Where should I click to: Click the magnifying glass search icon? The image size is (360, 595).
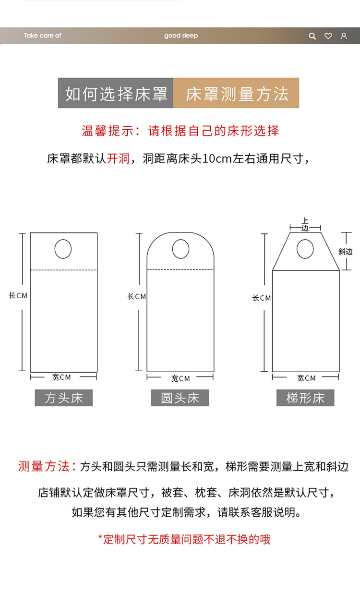click(312, 36)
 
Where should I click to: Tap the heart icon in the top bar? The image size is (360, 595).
click(328, 36)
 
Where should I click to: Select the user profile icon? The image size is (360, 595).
click(344, 36)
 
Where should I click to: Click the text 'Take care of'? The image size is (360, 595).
click(42, 36)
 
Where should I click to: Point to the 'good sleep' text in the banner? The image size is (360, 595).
click(181, 36)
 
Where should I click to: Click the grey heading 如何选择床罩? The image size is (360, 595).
click(116, 93)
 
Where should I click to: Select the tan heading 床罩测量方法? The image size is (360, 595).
click(236, 93)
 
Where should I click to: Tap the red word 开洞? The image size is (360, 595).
click(119, 158)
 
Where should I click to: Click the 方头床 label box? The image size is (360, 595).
click(64, 398)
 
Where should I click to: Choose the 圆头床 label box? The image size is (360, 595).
click(180, 398)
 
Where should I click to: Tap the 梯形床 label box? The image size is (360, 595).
click(305, 398)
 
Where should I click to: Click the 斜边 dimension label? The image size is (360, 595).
click(346, 252)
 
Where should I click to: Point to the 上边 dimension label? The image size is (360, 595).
click(305, 224)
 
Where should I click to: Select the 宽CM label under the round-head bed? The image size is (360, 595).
click(180, 378)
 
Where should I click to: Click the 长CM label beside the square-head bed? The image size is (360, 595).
click(18, 295)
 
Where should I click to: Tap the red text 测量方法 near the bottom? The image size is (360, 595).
click(44, 466)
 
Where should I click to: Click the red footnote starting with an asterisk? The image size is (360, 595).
click(184, 539)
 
